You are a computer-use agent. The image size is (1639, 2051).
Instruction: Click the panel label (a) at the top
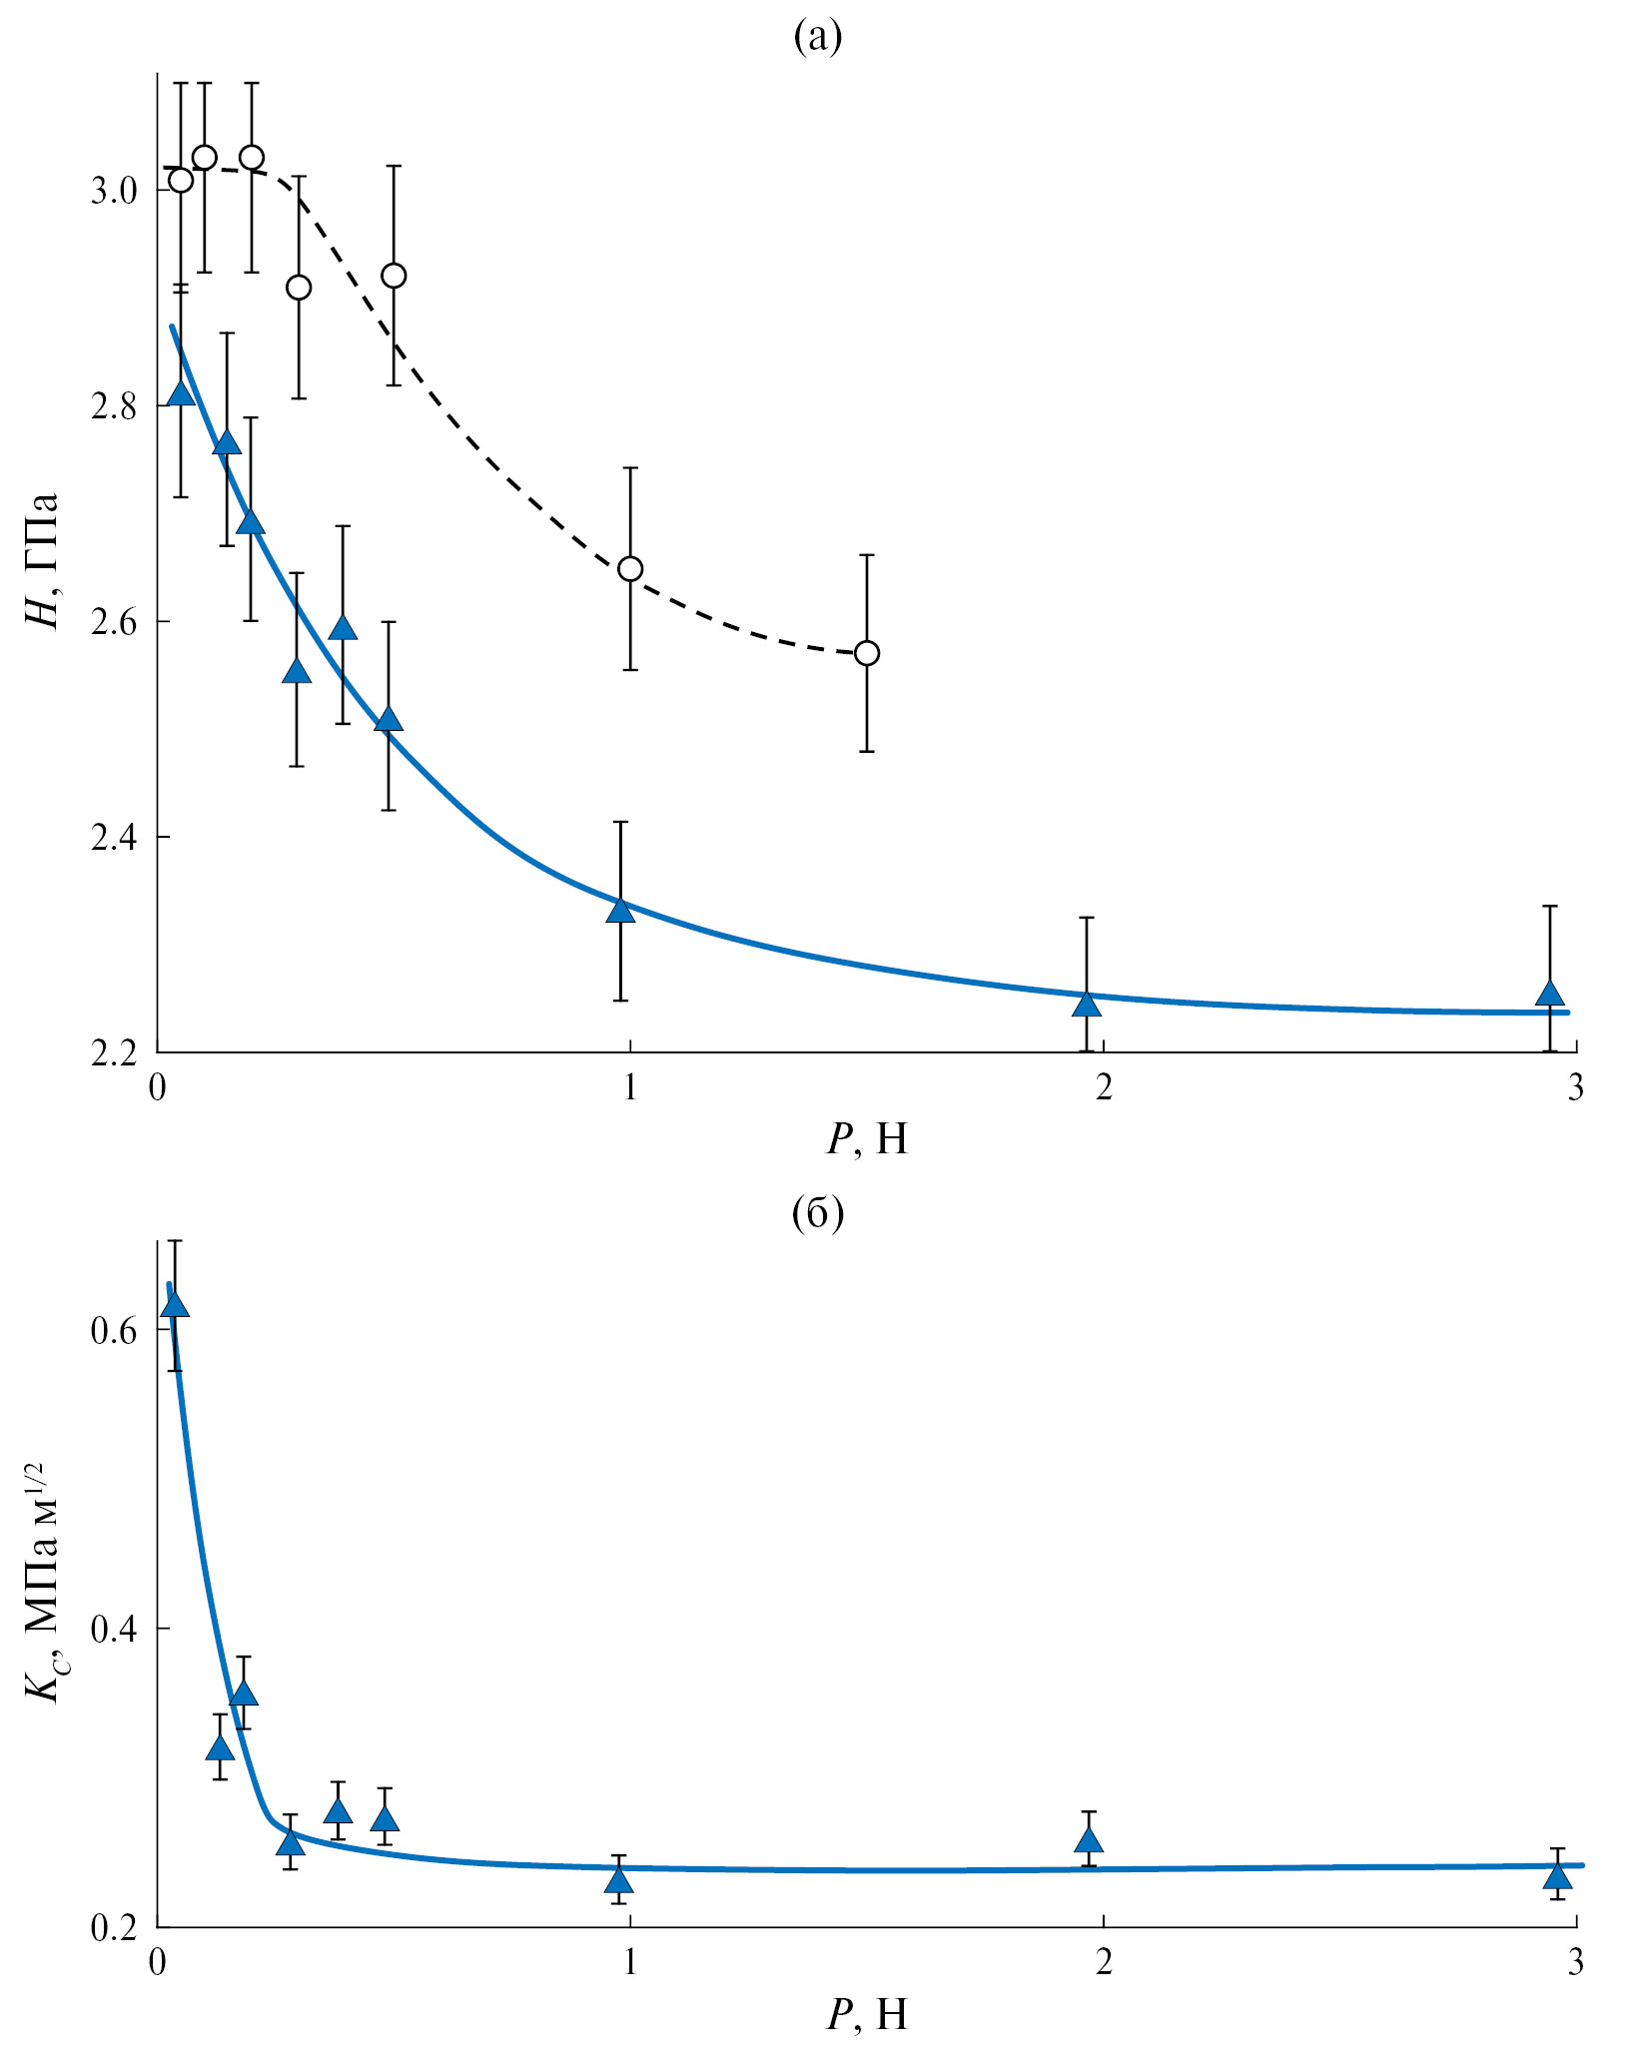tap(817, 37)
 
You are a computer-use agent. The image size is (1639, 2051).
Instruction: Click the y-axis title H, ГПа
tap(42, 560)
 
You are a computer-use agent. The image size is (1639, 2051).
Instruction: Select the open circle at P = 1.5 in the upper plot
tap(867, 653)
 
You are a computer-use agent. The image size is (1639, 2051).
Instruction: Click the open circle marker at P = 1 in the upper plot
tap(630, 569)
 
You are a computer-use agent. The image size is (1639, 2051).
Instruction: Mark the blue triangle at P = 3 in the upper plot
tap(1550, 994)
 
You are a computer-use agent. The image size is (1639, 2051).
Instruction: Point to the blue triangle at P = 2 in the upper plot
tap(1087, 1003)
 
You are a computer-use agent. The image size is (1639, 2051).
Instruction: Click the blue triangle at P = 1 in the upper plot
tap(621, 910)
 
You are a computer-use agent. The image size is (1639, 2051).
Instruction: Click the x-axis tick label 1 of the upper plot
tap(630, 1087)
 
